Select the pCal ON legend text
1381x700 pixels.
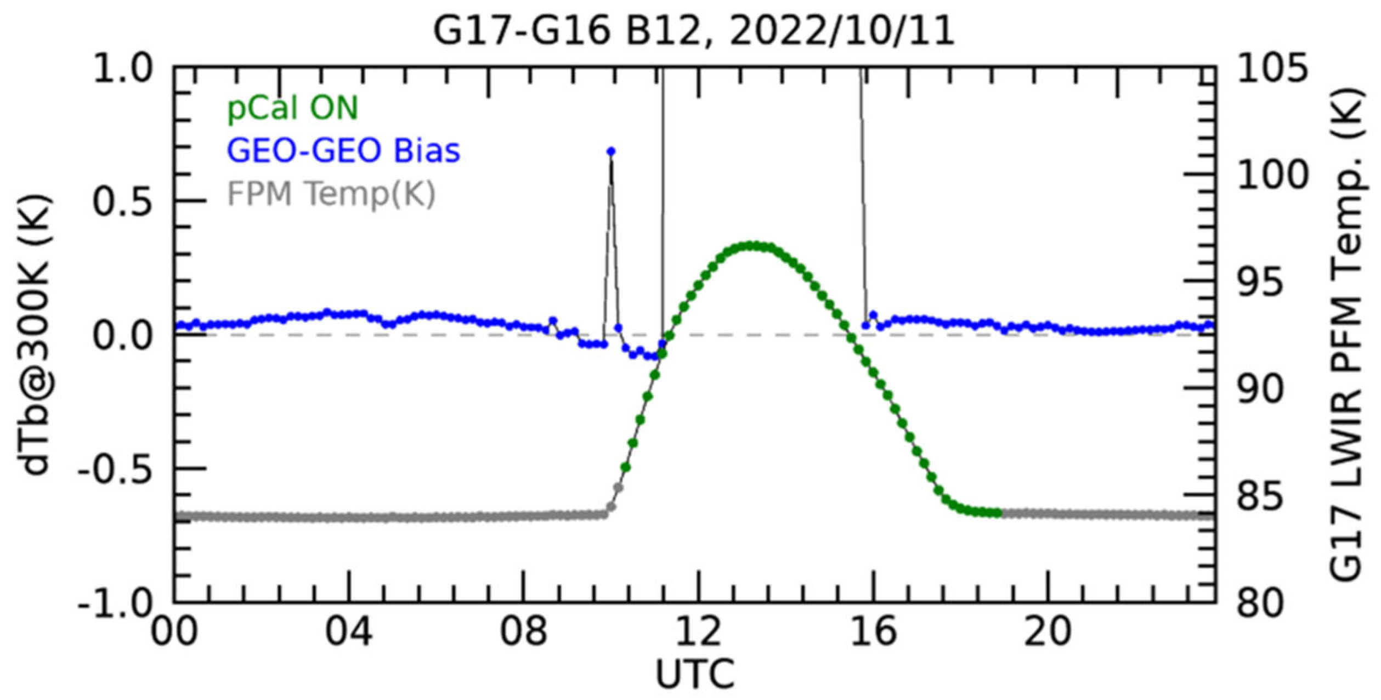point(292,108)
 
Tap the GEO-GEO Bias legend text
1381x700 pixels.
point(343,151)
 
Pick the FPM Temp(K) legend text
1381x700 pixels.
point(331,194)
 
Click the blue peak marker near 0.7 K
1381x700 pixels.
point(611,152)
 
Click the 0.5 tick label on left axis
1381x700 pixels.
point(122,202)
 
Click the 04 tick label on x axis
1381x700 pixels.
point(348,631)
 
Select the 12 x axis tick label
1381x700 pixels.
point(698,631)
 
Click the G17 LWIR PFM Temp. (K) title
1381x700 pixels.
point(1346,335)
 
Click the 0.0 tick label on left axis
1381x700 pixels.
point(122,336)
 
